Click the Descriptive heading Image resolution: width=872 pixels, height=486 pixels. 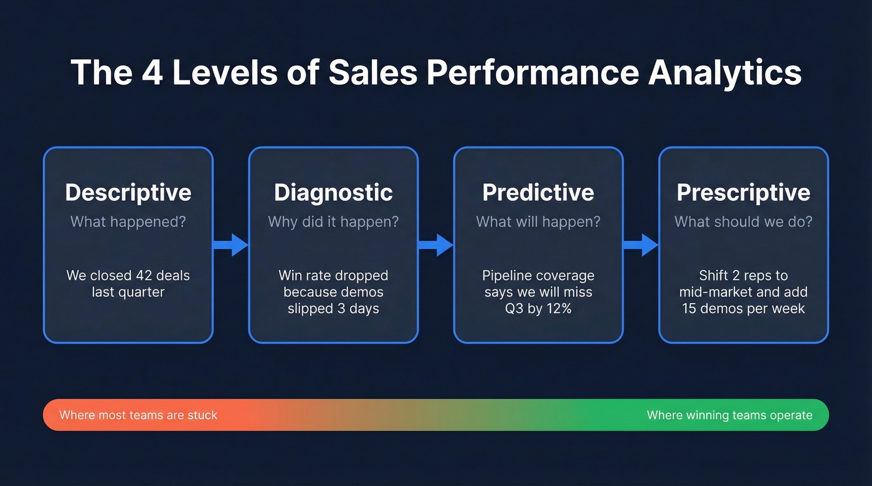(128, 192)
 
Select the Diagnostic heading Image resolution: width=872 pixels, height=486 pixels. (333, 192)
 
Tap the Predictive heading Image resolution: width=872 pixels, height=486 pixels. (538, 192)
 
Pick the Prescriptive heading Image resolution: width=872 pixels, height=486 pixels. (743, 192)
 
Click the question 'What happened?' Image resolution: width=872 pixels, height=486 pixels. (128, 222)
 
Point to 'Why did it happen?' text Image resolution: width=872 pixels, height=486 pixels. (333, 222)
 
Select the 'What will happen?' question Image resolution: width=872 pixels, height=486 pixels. (538, 222)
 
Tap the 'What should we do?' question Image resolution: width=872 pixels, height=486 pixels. (743, 222)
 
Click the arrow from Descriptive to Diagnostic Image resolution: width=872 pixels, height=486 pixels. (231, 245)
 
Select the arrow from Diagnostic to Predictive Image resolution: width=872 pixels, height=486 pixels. (435, 245)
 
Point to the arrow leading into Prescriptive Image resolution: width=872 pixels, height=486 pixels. (641, 245)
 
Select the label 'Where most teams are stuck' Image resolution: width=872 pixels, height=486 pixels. (138, 415)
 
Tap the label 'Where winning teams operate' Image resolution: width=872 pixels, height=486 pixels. (729, 415)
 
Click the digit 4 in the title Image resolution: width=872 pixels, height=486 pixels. (152, 73)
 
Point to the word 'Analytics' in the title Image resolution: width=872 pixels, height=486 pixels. (724, 73)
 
